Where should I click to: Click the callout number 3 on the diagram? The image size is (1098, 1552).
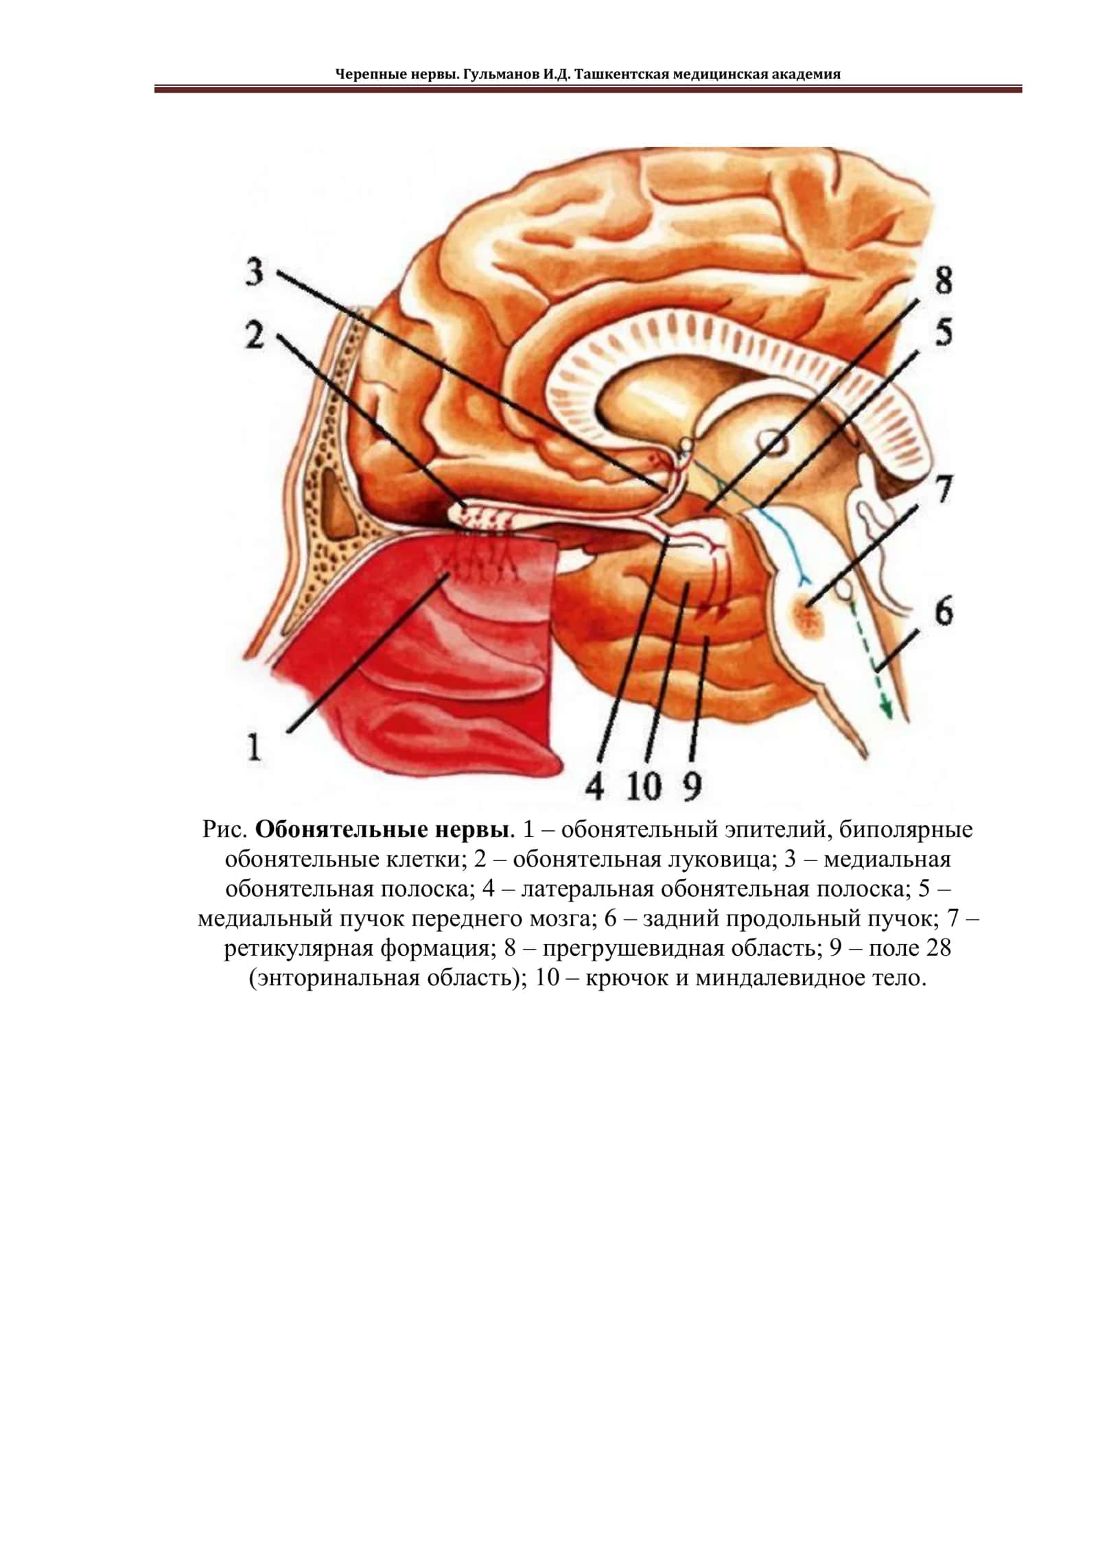[x=255, y=272]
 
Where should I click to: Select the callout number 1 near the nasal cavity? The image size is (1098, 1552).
[x=254, y=746]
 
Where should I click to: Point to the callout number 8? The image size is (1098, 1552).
[x=944, y=281]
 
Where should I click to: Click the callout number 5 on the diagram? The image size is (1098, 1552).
[x=944, y=333]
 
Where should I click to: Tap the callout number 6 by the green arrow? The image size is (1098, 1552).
[x=944, y=610]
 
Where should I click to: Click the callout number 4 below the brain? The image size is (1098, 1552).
[x=594, y=786]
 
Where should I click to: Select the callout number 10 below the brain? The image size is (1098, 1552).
[x=642, y=786]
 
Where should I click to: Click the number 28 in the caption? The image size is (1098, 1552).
[x=938, y=948]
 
